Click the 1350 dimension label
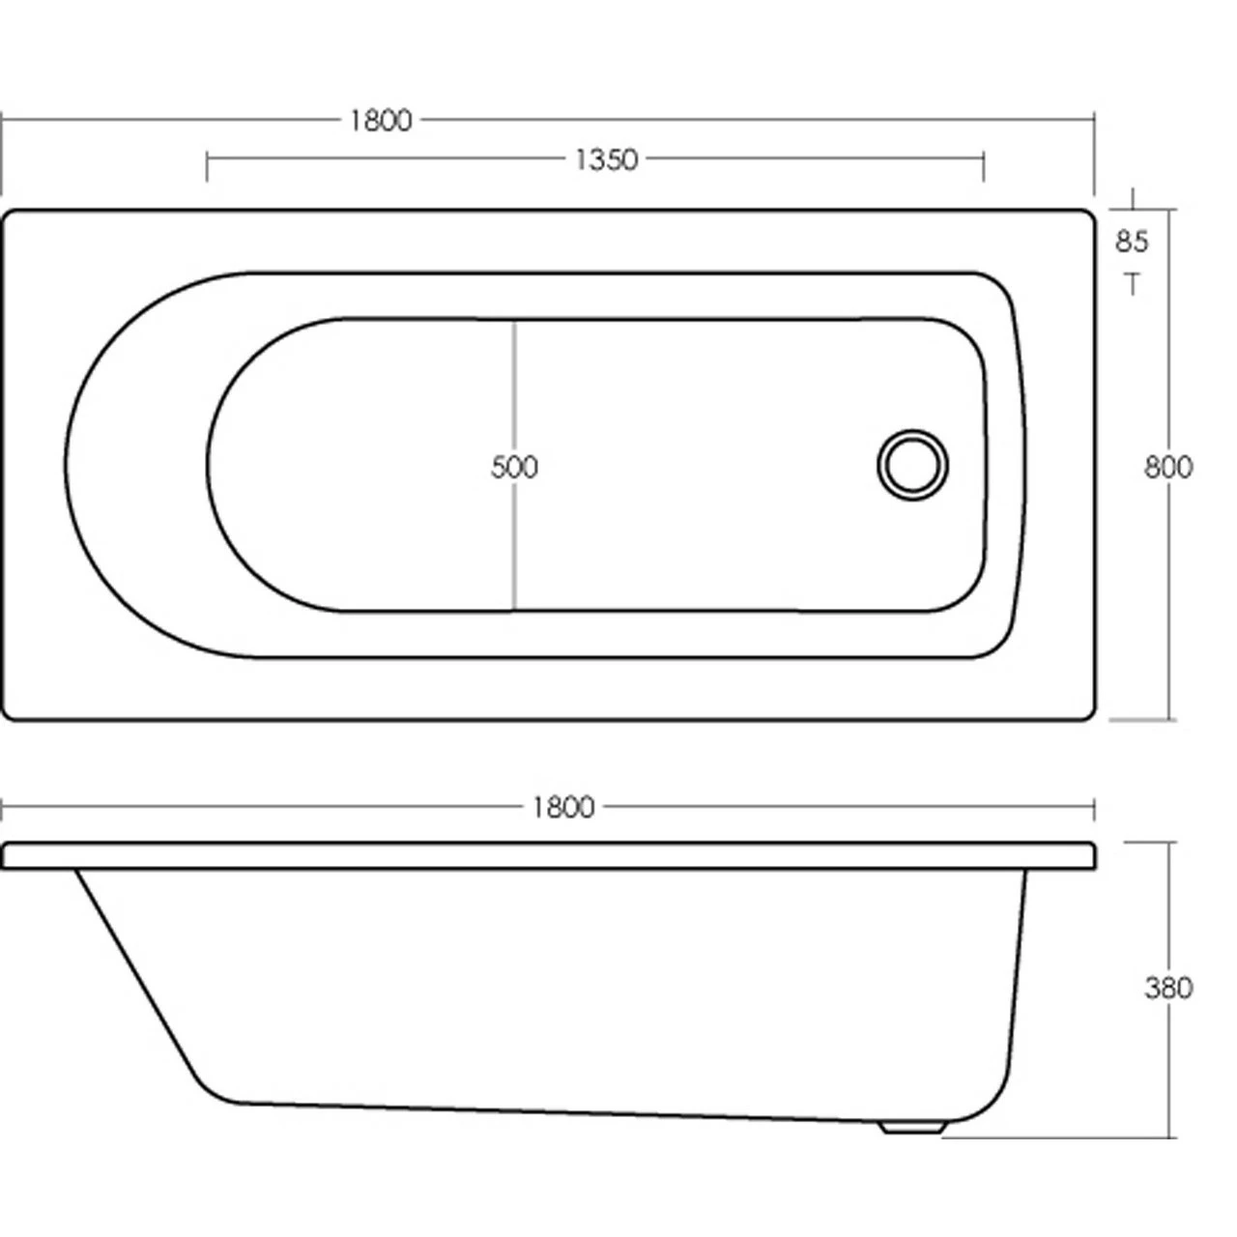tap(606, 159)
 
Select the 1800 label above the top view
tap(380, 121)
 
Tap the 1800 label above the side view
tap(562, 806)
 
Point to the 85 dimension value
tap(1132, 241)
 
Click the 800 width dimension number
tap(1168, 467)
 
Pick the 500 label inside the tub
tap(514, 467)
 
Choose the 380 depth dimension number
tap(1168, 988)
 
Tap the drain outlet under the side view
tap(913, 1127)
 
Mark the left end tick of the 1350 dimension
tap(207, 165)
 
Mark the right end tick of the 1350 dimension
tap(984, 165)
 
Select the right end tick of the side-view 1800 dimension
tap(1093, 808)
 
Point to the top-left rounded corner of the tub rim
tap(12, 218)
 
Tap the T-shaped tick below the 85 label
tap(1132, 283)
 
